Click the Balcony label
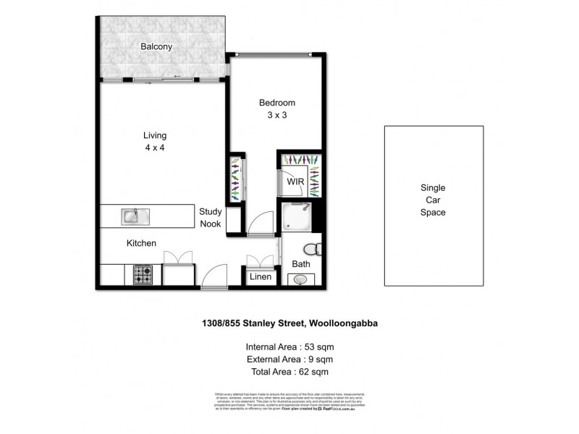tap(156, 47)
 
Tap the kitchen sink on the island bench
tap(132, 215)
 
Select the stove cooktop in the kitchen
tap(143, 276)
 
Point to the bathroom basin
tap(301, 280)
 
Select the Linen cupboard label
tap(261, 277)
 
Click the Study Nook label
tap(211, 217)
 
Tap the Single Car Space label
tap(433, 200)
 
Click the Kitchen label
tap(141, 244)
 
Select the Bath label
tap(301, 265)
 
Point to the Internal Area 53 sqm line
tap(289, 346)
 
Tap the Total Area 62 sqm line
tap(289, 372)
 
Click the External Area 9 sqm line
tap(289, 359)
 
